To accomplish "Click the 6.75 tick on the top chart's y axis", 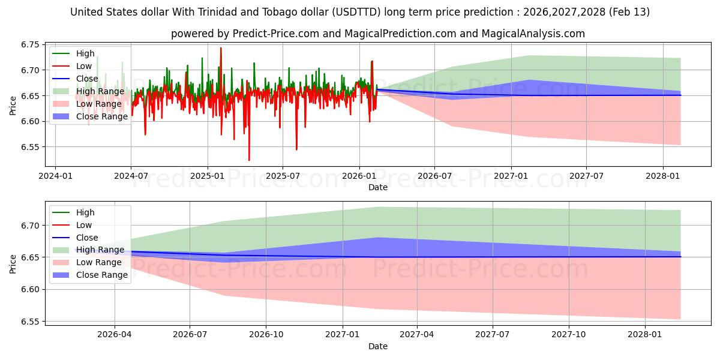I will [x=30, y=44].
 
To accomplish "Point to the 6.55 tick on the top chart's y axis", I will [x=30, y=147].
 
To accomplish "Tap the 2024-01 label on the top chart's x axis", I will [x=55, y=176].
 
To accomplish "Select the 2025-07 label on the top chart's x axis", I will [x=283, y=176].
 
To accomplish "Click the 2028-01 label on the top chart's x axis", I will [x=663, y=176].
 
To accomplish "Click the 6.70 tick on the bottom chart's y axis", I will [x=30, y=226].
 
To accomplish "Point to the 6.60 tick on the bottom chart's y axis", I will [x=30, y=290].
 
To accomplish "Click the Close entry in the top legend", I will [x=87, y=79].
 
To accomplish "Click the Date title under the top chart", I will [x=378, y=187].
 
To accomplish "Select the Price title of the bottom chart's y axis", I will [x=13, y=263].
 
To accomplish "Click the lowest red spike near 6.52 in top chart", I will [x=249, y=160].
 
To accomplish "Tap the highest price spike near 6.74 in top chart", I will [x=221, y=48].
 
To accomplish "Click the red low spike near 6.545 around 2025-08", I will [x=296, y=149].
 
